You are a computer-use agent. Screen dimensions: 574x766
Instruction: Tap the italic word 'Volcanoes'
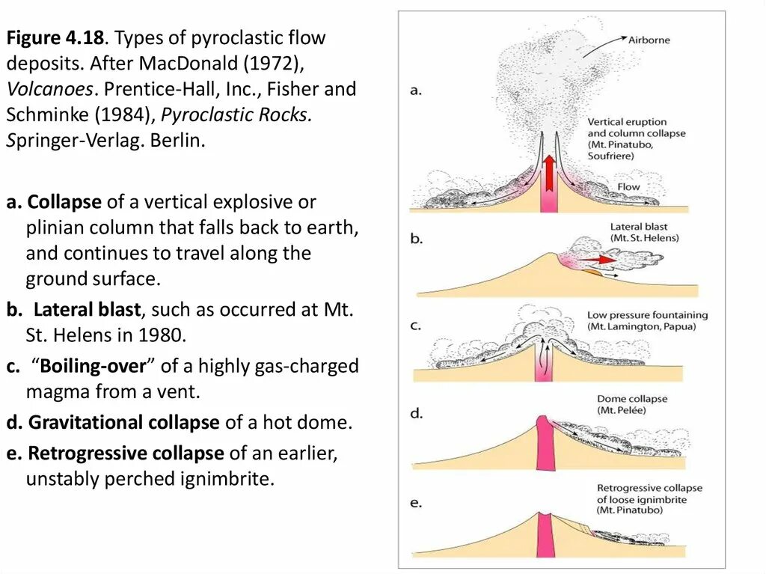pyautogui.click(x=50, y=89)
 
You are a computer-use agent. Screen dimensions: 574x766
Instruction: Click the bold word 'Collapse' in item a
pyautogui.click(x=65, y=202)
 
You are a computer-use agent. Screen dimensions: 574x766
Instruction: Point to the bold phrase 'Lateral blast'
pyautogui.click(x=87, y=310)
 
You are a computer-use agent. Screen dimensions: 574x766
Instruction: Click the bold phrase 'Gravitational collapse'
pyautogui.click(x=123, y=422)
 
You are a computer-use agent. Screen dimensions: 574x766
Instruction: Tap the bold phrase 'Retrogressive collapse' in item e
pyautogui.click(x=126, y=453)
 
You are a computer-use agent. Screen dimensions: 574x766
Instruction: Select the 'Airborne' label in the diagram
pyautogui.click(x=649, y=40)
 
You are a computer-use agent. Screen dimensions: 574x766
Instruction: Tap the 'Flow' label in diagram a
pyautogui.click(x=628, y=186)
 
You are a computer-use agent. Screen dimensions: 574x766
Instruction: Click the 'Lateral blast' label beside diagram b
pyautogui.click(x=638, y=227)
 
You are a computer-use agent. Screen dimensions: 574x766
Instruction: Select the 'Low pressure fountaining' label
pyautogui.click(x=647, y=315)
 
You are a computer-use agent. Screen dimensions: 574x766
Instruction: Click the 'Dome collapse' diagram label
pyautogui.click(x=631, y=399)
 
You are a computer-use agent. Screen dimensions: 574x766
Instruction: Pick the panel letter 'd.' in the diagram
pyautogui.click(x=417, y=412)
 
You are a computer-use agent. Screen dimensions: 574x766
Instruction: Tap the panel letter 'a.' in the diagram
pyautogui.click(x=417, y=90)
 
